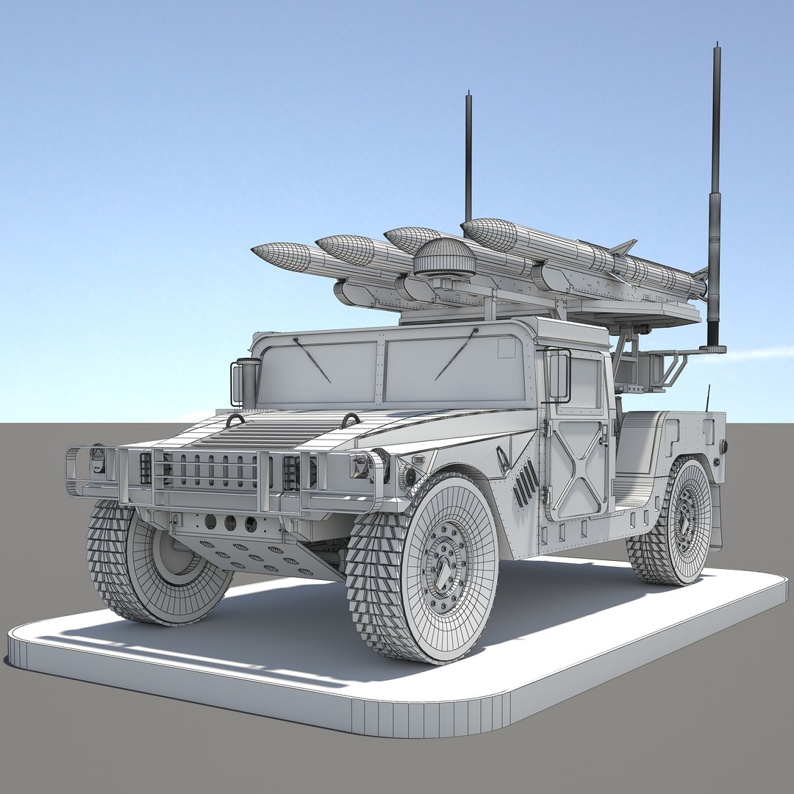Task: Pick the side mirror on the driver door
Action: [558, 375]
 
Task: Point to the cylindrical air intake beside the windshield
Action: [248, 382]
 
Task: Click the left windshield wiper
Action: [312, 360]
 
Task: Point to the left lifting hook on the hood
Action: [235, 420]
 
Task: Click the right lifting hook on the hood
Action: [351, 420]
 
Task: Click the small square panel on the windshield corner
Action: [507, 347]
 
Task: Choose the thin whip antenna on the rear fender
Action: [709, 398]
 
